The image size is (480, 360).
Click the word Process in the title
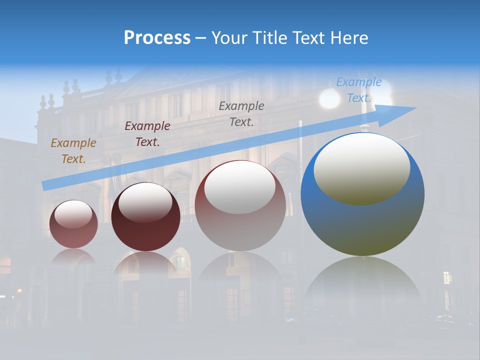157,38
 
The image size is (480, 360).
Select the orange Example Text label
73,150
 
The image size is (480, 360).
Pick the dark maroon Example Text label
147,133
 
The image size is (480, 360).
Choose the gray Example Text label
241,113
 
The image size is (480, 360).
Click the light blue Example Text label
358,90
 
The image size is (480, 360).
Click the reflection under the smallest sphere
73,257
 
